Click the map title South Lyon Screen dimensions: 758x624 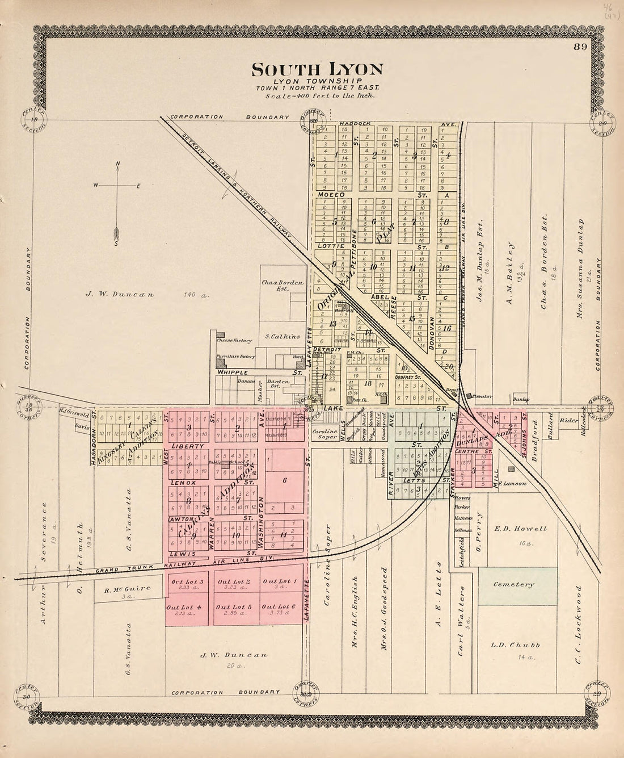click(317, 69)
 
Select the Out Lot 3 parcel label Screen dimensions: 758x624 click(183, 583)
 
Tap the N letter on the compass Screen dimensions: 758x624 click(118, 165)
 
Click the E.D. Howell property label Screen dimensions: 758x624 click(512, 529)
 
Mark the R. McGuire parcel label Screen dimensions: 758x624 click(128, 589)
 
